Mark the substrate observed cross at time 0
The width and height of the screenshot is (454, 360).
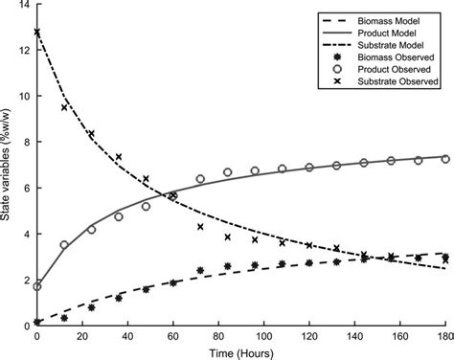click(x=37, y=33)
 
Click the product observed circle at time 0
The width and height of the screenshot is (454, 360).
click(x=37, y=286)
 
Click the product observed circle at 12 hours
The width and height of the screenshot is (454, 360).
click(x=64, y=245)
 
